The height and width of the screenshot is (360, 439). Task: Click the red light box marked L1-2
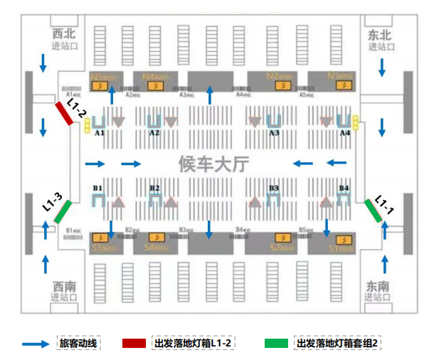(x=64, y=114)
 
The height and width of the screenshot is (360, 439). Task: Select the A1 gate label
(x=100, y=133)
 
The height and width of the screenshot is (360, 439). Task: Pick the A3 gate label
(x=274, y=133)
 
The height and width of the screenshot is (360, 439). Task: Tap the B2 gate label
(x=154, y=188)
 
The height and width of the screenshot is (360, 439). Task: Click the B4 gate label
(x=344, y=188)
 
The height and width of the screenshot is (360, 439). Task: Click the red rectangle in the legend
(x=136, y=344)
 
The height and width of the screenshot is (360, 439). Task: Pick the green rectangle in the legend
(x=278, y=344)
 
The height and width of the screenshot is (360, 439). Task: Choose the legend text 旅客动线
(x=78, y=344)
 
